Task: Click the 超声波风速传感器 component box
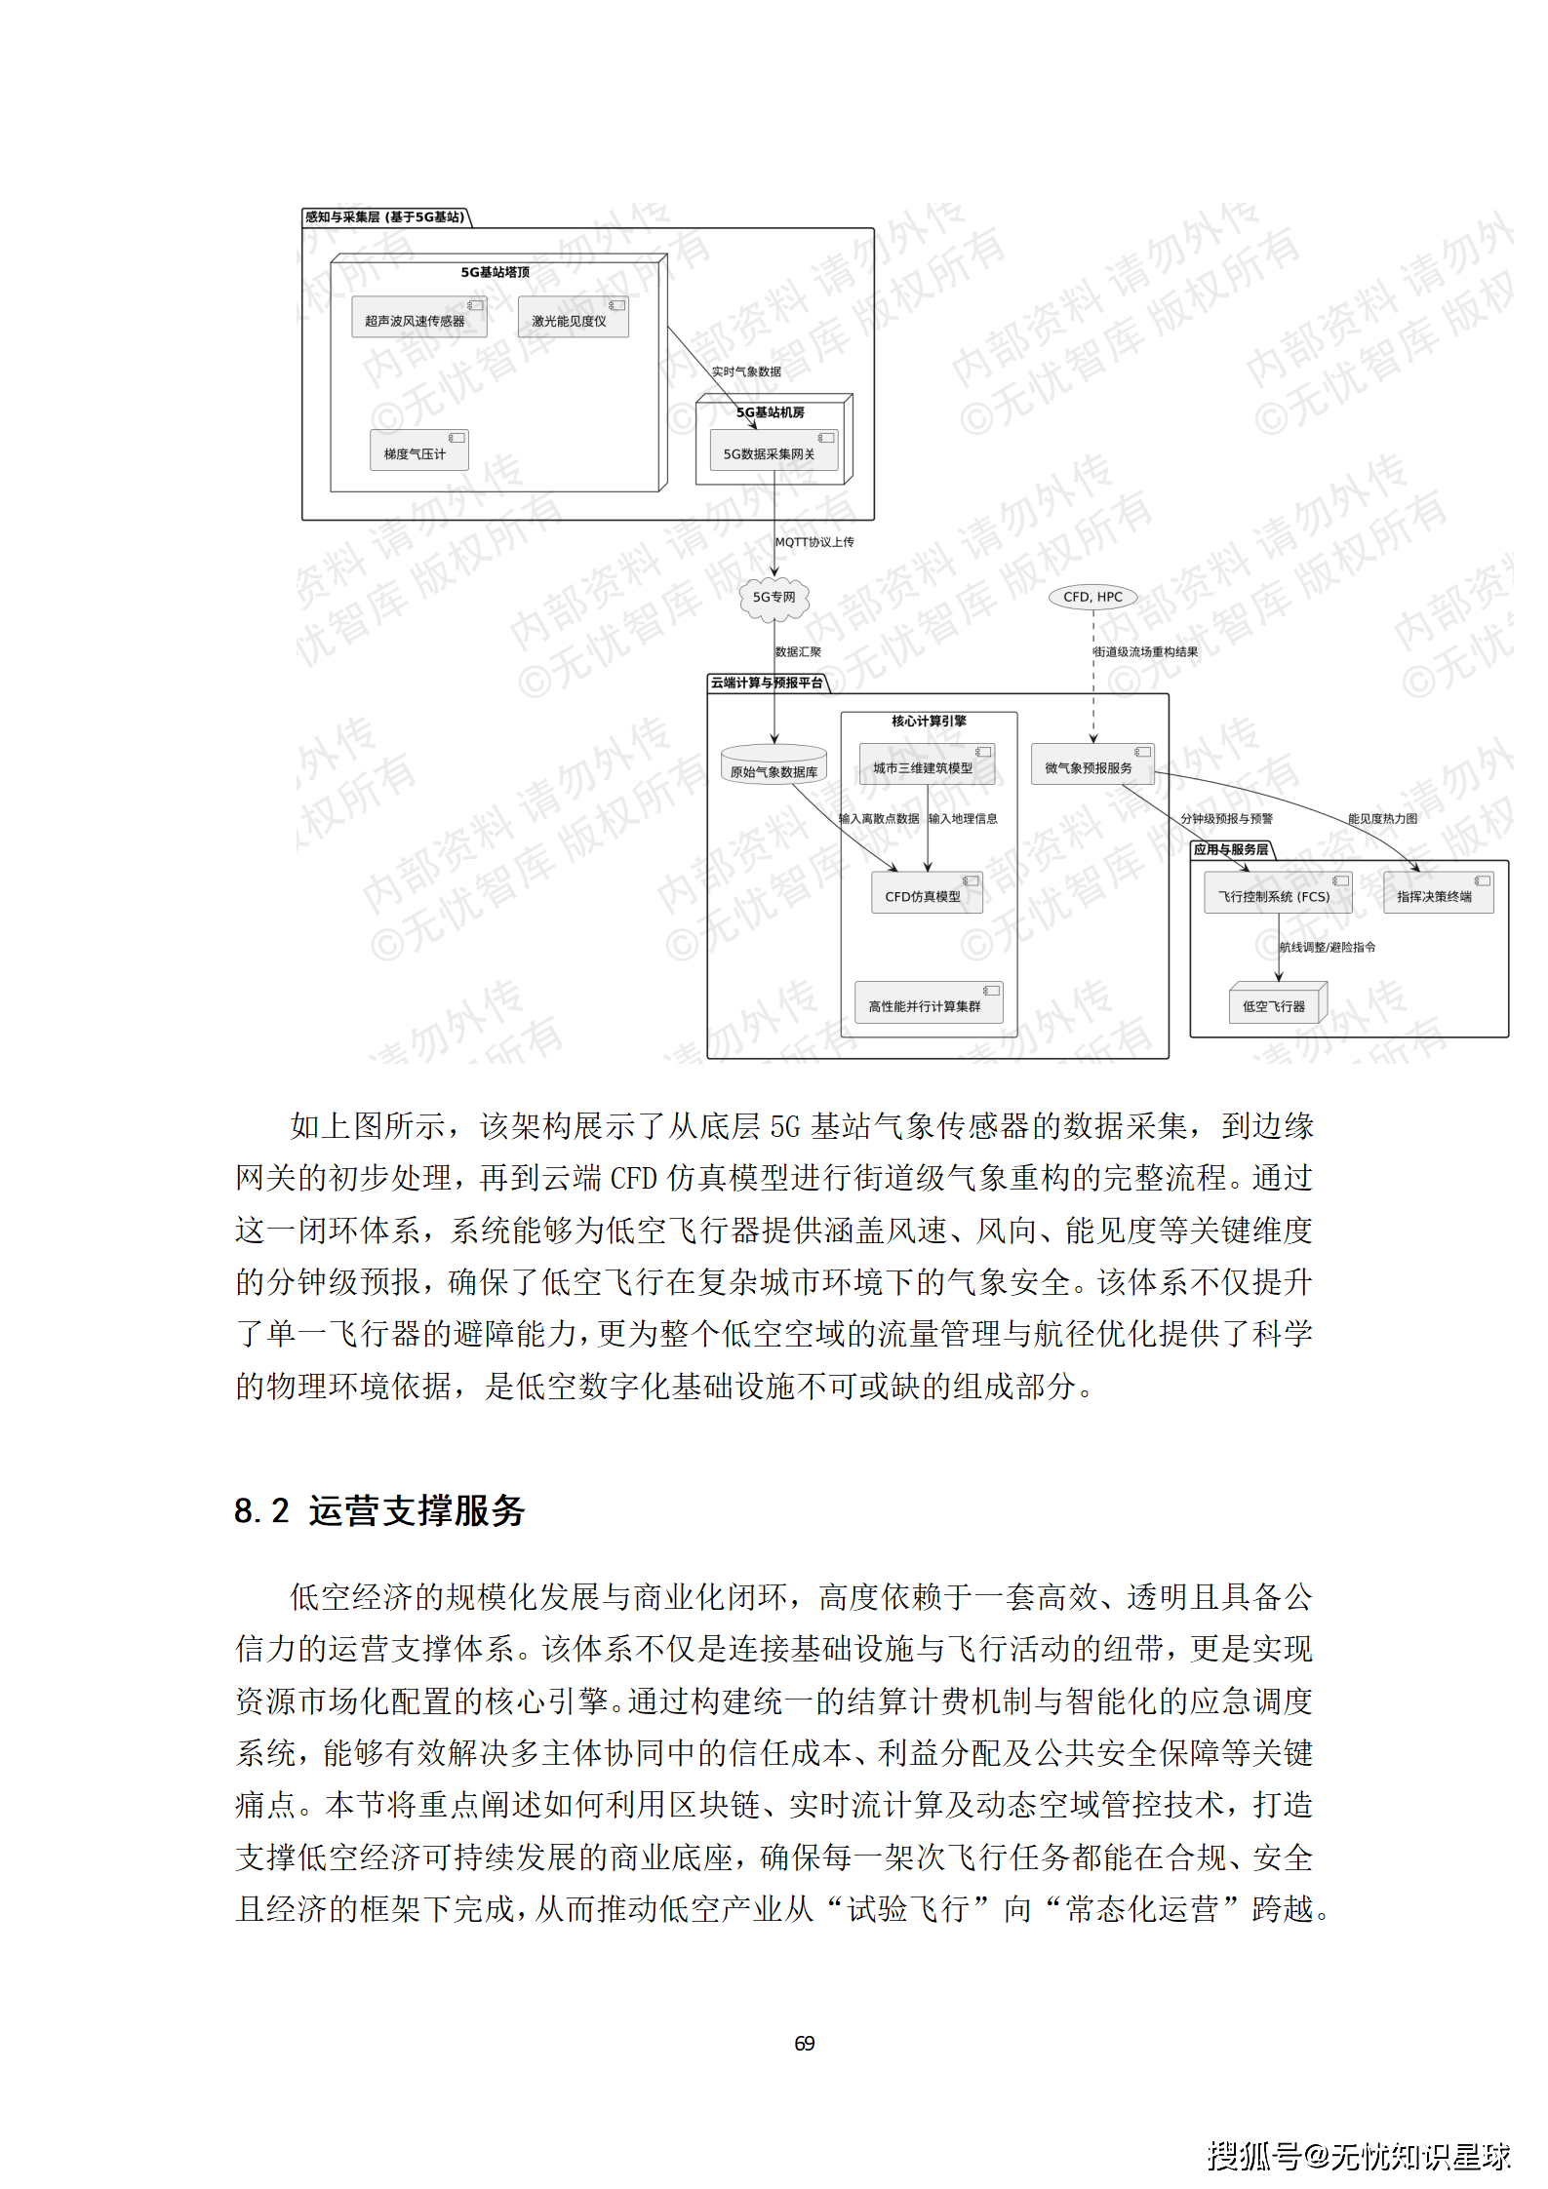tap(418, 318)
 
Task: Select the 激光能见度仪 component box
tap(573, 318)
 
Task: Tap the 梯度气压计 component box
tap(418, 451)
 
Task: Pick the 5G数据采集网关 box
tap(773, 451)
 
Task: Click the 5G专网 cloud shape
tap(774, 598)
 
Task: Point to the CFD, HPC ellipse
tap(1092, 597)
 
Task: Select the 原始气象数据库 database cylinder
tap(774, 767)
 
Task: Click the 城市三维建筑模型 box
tap(927, 765)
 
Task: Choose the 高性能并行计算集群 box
tap(928, 1003)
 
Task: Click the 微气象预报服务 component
tap(1092, 765)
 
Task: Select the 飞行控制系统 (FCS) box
tap(1277, 894)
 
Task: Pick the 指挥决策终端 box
tap(1438, 894)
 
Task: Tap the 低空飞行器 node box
tap(1277, 1003)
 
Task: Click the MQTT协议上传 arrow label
tap(814, 542)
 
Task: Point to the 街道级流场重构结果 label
tap(1146, 652)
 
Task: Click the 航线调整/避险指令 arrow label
tap(1328, 947)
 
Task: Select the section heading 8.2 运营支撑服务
tap(379, 1510)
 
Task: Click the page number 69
tap(804, 2043)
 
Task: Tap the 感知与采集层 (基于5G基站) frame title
tap(385, 217)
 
